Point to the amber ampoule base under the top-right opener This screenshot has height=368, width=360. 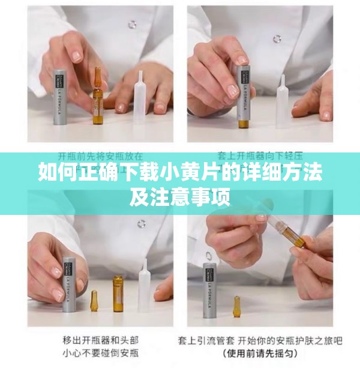244,124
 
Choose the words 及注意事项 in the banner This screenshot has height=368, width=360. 180,196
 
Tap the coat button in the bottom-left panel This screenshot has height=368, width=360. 141,223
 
